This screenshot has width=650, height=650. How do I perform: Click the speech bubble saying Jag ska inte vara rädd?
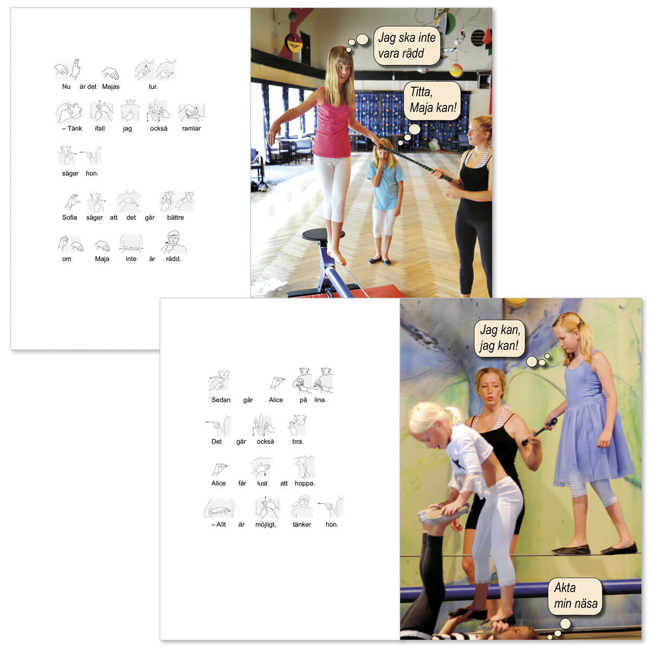tap(406, 45)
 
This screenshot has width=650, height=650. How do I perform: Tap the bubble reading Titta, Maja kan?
tap(432, 101)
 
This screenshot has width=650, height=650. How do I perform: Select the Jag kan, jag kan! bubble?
tap(499, 338)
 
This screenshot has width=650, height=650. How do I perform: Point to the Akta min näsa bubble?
tap(575, 596)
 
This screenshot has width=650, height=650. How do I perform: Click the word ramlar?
tap(191, 128)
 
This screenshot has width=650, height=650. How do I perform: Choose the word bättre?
tap(175, 218)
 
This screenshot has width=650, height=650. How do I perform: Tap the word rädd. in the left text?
tap(173, 259)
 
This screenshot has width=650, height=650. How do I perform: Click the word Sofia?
tap(69, 218)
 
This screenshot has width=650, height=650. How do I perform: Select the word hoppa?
tap(304, 483)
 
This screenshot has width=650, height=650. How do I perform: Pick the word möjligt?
tap(266, 525)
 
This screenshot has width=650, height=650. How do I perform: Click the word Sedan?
tap(221, 400)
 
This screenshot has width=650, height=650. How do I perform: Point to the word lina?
tap(320, 400)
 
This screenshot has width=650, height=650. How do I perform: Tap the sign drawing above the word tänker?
tap(302, 506)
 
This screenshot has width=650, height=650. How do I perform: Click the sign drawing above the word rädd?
tap(174, 242)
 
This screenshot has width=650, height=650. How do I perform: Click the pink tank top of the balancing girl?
tap(332, 125)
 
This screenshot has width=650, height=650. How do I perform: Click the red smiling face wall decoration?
tap(294, 42)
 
